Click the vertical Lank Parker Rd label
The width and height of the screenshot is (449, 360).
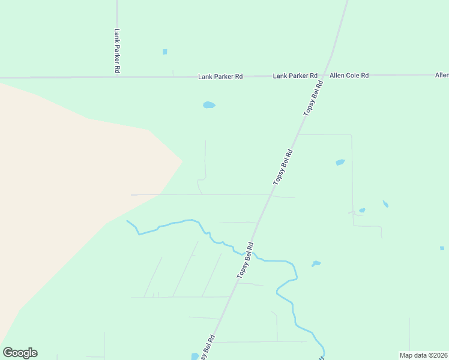(117, 51)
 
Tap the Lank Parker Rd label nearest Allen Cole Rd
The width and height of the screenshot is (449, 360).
(295, 76)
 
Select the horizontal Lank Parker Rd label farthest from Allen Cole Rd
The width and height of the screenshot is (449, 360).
(220, 77)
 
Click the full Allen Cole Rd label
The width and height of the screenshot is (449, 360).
(349, 76)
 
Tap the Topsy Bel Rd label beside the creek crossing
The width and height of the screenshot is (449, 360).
(246, 260)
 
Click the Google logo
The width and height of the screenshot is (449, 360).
(20, 353)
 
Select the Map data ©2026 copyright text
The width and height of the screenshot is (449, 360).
(424, 355)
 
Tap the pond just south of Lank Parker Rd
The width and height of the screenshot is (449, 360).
(209, 105)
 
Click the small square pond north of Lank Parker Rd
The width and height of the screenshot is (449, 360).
(164, 52)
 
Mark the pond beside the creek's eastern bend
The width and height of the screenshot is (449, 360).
(316, 263)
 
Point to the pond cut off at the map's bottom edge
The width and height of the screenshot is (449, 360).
(195, 356)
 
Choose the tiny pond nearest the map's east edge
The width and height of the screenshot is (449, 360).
(442, 248)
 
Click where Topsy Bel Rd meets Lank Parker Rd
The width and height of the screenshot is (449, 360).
(328, 76)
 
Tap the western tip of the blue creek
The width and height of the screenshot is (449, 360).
(127, 221)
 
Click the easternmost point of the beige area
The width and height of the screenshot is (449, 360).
(182, 161)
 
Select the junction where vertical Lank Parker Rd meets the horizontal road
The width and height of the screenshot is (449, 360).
(117, 77)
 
